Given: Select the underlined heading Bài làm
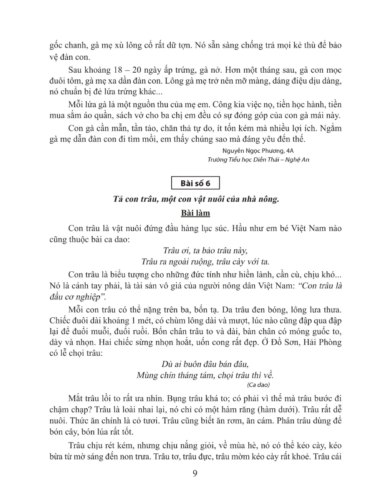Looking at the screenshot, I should (x=195, y=213).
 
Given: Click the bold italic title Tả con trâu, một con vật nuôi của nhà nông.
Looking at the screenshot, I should (x=195, y=199).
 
